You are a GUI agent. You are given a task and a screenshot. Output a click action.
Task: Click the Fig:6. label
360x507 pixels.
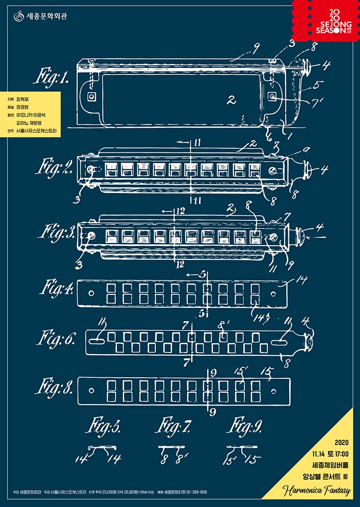(57, 340)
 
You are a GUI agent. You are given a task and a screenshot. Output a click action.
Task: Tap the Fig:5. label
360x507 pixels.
(104, 427)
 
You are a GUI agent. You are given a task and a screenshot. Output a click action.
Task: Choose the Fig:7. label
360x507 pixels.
(173, 427)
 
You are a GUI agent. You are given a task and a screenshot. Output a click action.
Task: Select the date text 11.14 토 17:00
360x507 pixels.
(330, 453)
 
